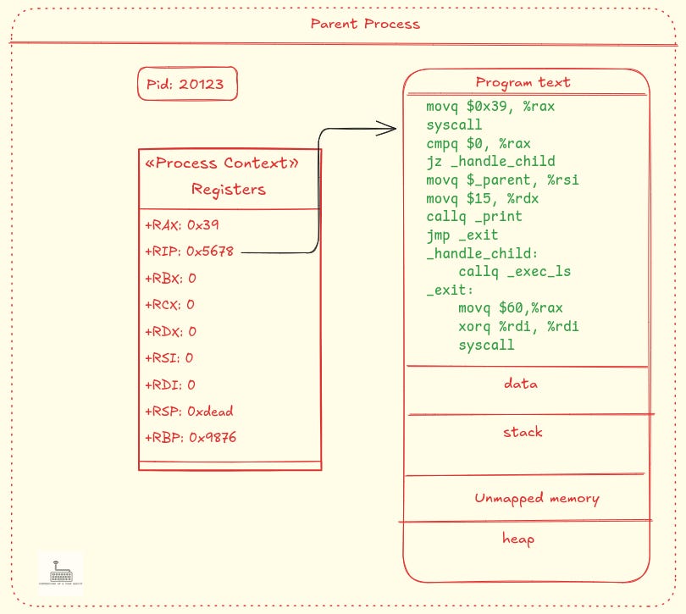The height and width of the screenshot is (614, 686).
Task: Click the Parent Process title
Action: point(365,24)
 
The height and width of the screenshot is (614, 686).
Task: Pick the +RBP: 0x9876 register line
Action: point(190,439)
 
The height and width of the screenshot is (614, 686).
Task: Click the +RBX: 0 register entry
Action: point(170,278)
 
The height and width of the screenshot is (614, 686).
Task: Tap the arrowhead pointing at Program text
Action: point(388,129)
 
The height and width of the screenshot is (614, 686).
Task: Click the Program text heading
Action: point(523,82)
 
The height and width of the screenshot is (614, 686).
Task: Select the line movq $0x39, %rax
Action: point(491,107)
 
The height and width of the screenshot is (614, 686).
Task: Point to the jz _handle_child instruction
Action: point(491,161)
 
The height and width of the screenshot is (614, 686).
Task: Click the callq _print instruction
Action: point(474,217)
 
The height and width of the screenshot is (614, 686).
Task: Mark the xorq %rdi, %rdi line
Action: point(518,327)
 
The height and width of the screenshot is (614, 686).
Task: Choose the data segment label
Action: point(520,384)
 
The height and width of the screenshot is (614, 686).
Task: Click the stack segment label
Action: point(523,432)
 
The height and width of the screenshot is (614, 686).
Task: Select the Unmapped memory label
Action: point(537,498)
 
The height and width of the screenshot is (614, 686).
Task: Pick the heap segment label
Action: point(517,538)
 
